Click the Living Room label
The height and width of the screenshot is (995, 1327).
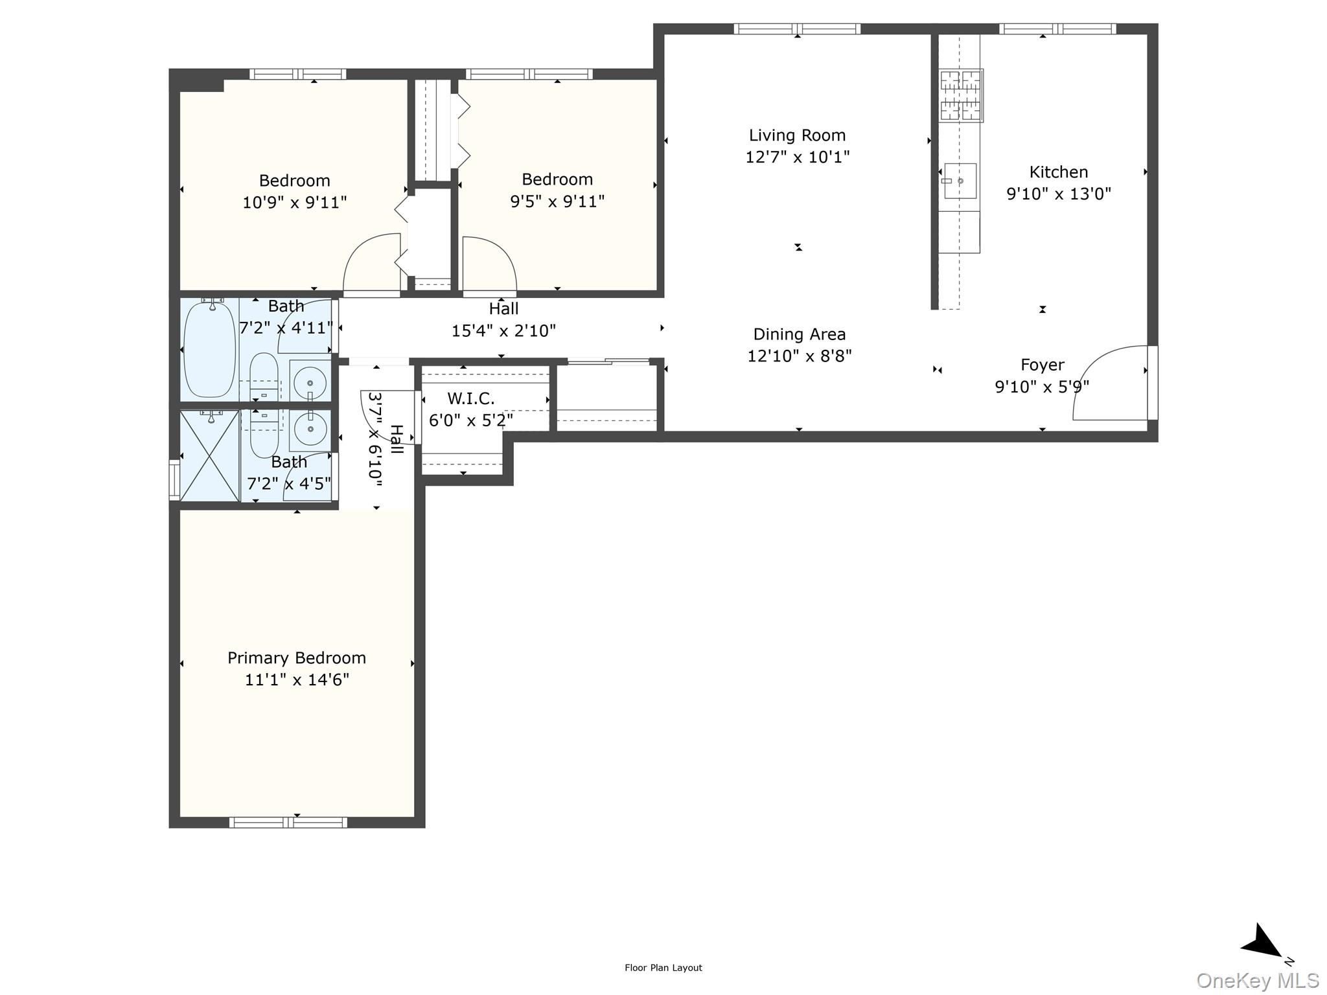click(797, 135)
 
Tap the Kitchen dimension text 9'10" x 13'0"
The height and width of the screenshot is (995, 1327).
click(1058, 194)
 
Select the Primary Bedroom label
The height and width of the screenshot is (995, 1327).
click(297, 658)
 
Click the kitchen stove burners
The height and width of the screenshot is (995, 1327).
click(961, 96)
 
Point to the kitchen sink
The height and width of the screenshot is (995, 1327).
click(960, 181)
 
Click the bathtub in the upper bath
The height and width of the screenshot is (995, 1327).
click(209, 350)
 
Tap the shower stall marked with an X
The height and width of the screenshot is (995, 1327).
click(210, 456)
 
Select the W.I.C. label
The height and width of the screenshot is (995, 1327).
click(470, 398)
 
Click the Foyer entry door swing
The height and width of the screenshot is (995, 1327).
click(1111, 382)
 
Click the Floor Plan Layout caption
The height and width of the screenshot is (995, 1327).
click(663, 968)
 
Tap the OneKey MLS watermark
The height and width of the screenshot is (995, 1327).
click(1257, 981)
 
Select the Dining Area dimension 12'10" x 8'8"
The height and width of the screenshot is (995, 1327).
click(799, 356)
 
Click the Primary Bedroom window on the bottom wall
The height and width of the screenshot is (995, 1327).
click(288, 823)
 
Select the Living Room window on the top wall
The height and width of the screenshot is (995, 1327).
click(797, 29)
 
